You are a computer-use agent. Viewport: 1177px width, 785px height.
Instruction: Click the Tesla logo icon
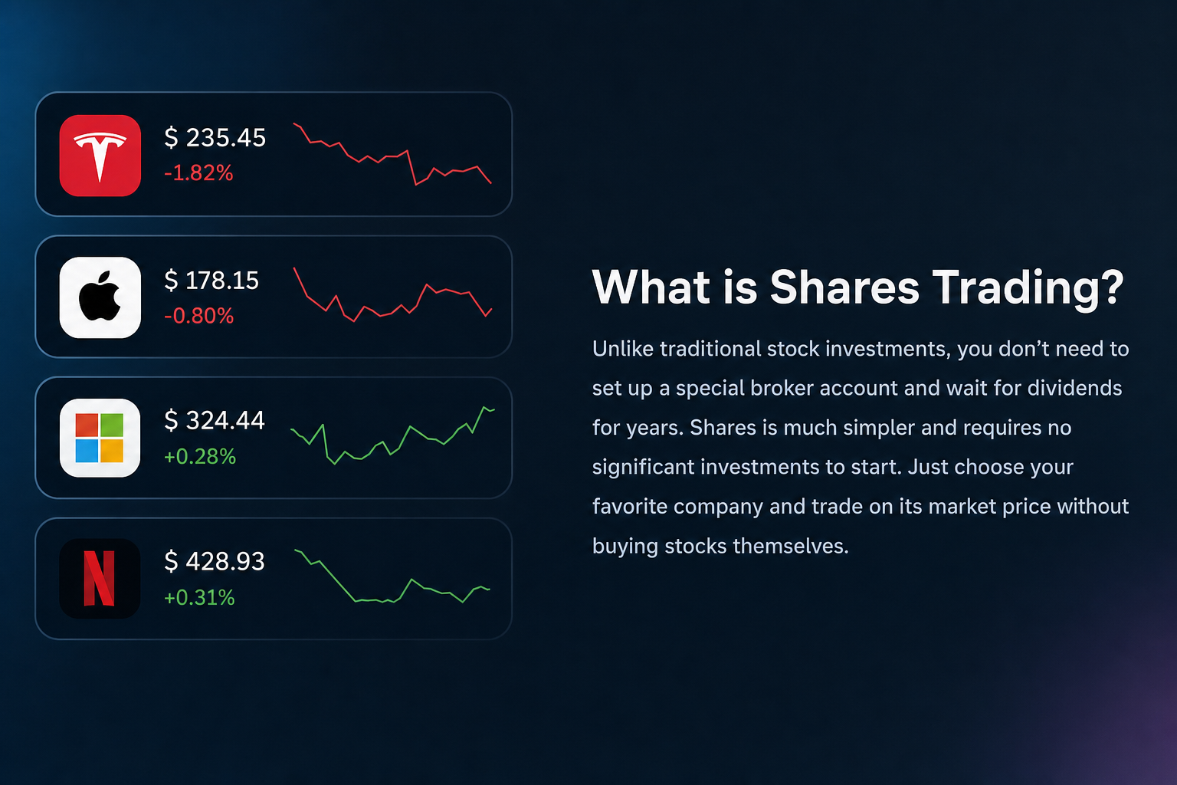pos(100,156)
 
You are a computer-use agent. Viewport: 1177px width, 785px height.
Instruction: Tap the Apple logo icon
pos(100,297)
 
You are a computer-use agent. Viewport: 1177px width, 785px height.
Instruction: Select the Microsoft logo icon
pos(100,438)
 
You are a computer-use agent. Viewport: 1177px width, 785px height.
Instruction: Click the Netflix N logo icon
pos(100,578)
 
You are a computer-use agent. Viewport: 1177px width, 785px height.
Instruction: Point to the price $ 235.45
pos(215,138)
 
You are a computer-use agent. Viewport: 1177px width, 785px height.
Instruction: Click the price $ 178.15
pos(211,281)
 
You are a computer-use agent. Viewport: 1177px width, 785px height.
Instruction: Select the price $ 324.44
pos(215,421)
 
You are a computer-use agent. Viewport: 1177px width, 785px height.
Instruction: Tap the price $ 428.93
pos(215,561)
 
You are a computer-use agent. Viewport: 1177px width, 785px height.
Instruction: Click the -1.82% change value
pos(198,173)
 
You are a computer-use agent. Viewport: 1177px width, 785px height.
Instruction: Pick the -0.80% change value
pos(198,316)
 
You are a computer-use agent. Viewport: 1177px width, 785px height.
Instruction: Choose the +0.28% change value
pos(200,456)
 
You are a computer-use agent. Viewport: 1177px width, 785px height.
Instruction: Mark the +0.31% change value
pos(199,597)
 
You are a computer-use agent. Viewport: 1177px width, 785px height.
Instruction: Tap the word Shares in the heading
pos(844,287)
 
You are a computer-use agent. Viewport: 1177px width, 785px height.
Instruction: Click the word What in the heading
pos(651,287)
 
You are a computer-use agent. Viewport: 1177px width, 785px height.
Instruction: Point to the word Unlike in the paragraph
pos(623,349)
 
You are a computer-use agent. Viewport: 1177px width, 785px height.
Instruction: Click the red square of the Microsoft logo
pos(87,425)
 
